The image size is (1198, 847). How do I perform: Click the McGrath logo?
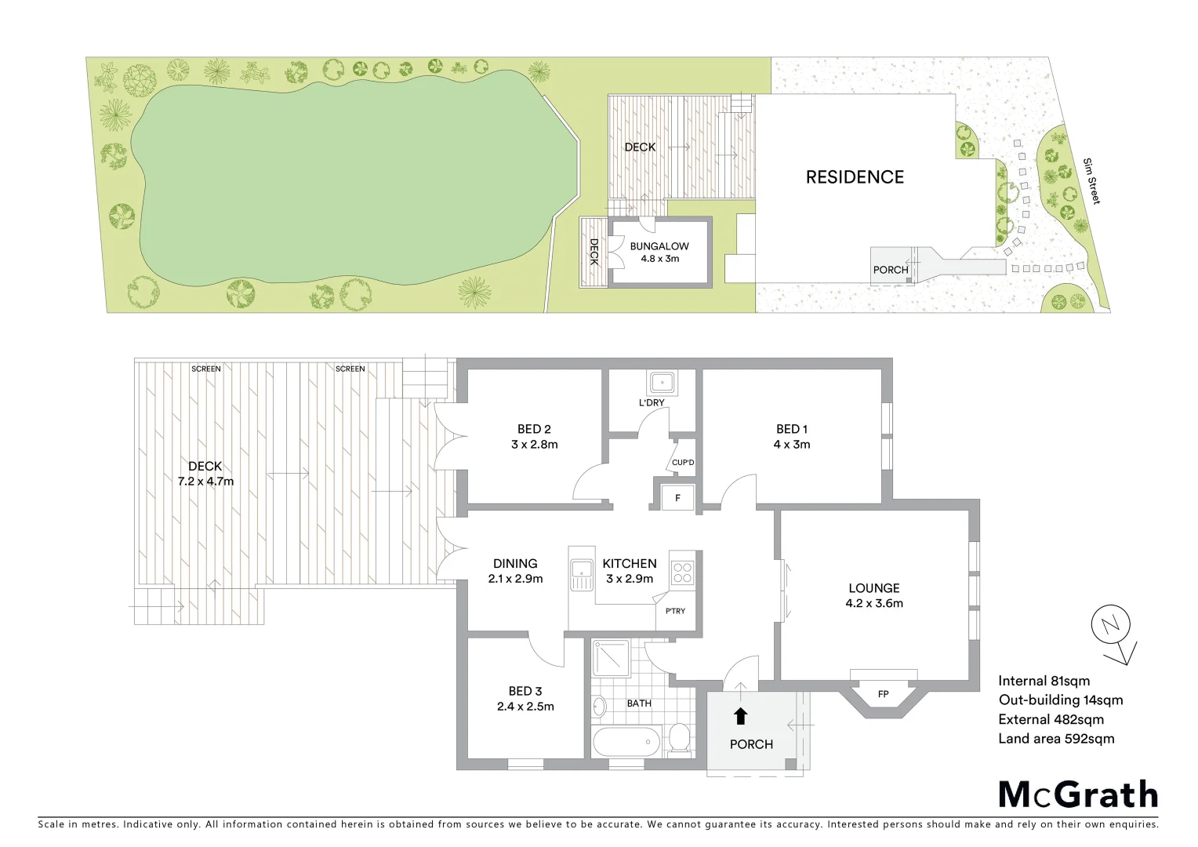tap(1078, 794)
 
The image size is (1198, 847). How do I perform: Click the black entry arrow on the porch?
tap(740, 716)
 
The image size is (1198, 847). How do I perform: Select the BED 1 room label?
tap(792, 429)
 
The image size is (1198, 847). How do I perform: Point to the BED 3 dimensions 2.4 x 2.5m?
tap(525, 707)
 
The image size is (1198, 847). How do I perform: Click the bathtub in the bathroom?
tap(626, 741)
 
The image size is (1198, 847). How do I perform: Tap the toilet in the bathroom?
tap(679, 739)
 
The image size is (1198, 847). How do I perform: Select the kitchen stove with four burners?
tap(682, 573)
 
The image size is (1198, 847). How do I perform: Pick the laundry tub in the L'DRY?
tap(662, 383)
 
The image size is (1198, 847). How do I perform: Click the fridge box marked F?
tap(677, 498)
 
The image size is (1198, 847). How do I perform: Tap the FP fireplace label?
tap(883, 694)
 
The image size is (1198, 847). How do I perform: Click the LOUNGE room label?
tap(873, 588)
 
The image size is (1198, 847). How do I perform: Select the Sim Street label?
tap(1091, 181)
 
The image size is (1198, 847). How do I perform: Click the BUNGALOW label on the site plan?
tap(659, 246)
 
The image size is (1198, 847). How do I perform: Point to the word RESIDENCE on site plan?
tap(855, 177)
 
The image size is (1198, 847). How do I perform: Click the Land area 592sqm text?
tap(1056, 739)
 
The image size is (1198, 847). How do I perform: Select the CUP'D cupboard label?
tap(683, 463)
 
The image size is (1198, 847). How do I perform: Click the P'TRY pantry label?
tap(675, 611)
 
